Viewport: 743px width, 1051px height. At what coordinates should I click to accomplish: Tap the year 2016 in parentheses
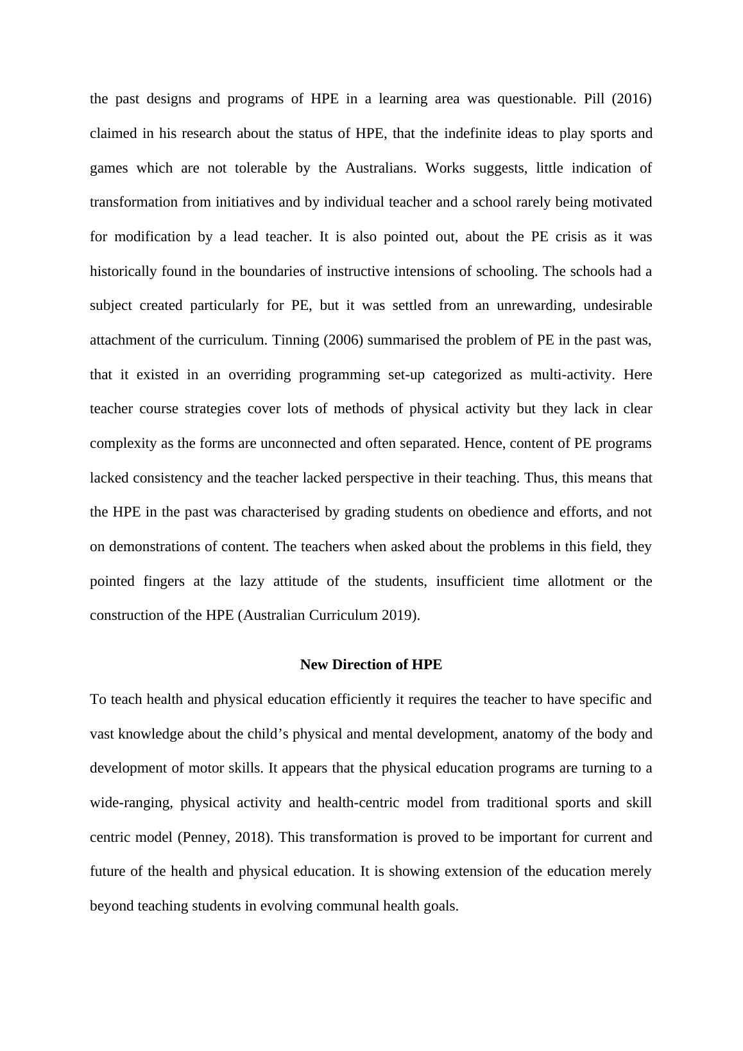pyautogui.click(x=635, y=99)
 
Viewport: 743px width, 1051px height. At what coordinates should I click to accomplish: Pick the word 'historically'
pyautogui.click(x=123, y=271)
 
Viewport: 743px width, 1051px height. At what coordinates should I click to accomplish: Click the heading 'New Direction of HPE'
pyautogui.click(x=371, y=665)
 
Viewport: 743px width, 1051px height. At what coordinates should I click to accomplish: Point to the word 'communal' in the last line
pyautogui.click(x=348, y=906)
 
